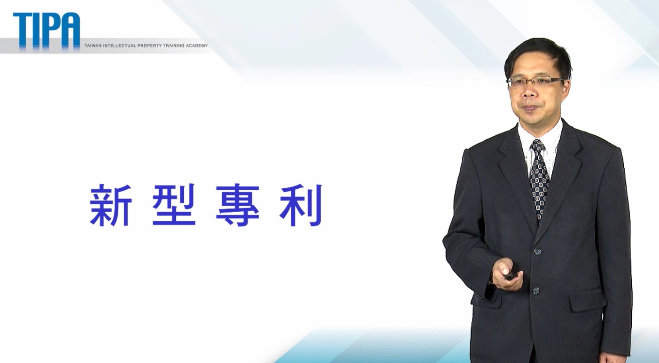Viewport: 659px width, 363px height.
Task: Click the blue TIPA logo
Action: (47, 31)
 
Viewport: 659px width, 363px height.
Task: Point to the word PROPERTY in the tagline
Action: (149, 46)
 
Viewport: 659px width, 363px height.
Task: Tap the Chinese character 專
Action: (238, 205)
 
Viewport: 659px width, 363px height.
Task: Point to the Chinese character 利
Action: (301, 205)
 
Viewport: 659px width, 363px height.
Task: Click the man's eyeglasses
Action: (535, 81)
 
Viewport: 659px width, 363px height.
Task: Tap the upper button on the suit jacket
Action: (538, 252)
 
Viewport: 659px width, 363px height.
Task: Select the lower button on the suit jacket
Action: (536, 291)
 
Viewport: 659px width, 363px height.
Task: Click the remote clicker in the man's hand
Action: (509, 276)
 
